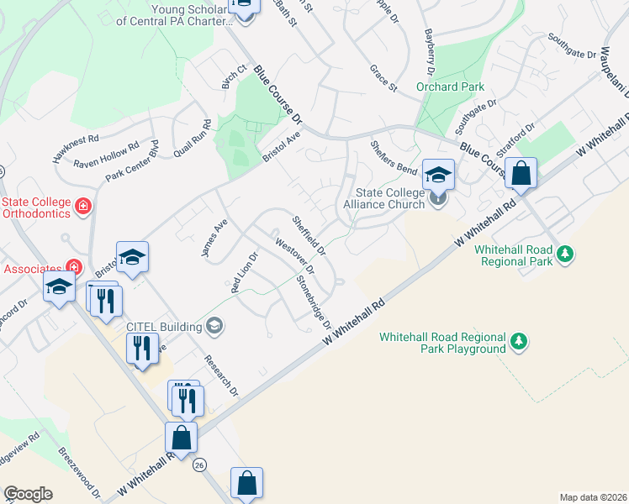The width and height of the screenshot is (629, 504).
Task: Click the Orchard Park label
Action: [449, 87]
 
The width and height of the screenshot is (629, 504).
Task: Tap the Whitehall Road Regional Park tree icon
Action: [566, 253]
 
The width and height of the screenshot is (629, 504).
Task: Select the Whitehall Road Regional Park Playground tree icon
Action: [520, 341]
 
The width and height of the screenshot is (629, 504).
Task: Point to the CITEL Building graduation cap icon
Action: [214, 326]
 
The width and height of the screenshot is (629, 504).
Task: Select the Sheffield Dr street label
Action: [309, 236]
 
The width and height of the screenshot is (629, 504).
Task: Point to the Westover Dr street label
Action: [294, 257]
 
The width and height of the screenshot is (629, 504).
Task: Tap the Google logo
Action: [28, 494]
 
